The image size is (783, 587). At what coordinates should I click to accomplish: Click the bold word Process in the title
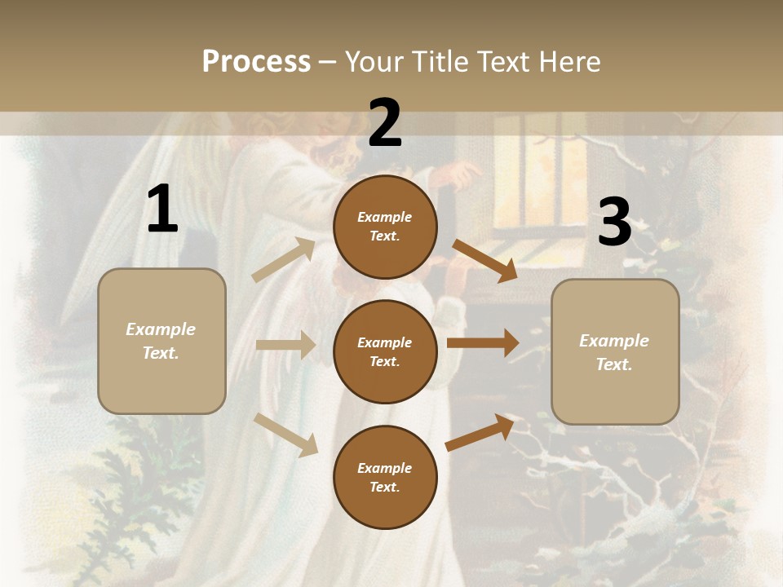coord(256,62)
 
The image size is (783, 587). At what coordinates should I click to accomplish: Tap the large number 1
coord(162,209)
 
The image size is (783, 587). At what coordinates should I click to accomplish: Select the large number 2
coord(385,123)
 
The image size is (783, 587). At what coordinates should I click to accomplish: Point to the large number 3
coord(614,222)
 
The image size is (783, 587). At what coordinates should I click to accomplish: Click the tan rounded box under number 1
coord(161,341)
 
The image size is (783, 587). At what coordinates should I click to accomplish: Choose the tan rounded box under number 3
coord(615,351)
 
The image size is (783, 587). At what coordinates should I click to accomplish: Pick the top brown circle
coord(385,227)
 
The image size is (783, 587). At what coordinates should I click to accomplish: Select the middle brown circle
coord(385,351)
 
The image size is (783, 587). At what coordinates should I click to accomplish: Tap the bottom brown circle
coord(385,477)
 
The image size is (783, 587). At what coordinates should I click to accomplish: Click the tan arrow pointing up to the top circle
coord(283,260)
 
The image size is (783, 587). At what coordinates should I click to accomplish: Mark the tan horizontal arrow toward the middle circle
coord(285,345)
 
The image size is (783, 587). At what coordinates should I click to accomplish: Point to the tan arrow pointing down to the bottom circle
coord(285,435)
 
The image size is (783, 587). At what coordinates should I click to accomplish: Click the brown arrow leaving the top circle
coord(485,260)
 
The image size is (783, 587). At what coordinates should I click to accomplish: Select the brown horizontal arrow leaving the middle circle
coord(483,342)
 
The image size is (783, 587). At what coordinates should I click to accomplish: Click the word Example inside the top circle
coord(385,217)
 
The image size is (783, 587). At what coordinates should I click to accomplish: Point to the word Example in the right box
coord(614,341)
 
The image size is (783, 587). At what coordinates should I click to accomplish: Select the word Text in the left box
coord(161,353)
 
